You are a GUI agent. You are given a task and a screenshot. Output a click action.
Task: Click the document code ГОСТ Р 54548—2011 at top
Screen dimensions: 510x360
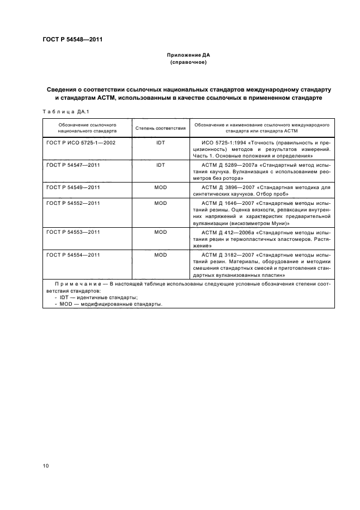(72, 40)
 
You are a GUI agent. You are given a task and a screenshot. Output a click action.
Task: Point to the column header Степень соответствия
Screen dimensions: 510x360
(160, 128)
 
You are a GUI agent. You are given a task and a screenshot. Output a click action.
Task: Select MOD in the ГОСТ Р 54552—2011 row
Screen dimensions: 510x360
(160, 202)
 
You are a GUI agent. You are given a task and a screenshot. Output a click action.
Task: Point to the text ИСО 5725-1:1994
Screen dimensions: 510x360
(218, 142)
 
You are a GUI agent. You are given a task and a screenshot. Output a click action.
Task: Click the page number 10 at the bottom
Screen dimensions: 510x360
(46, 465)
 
